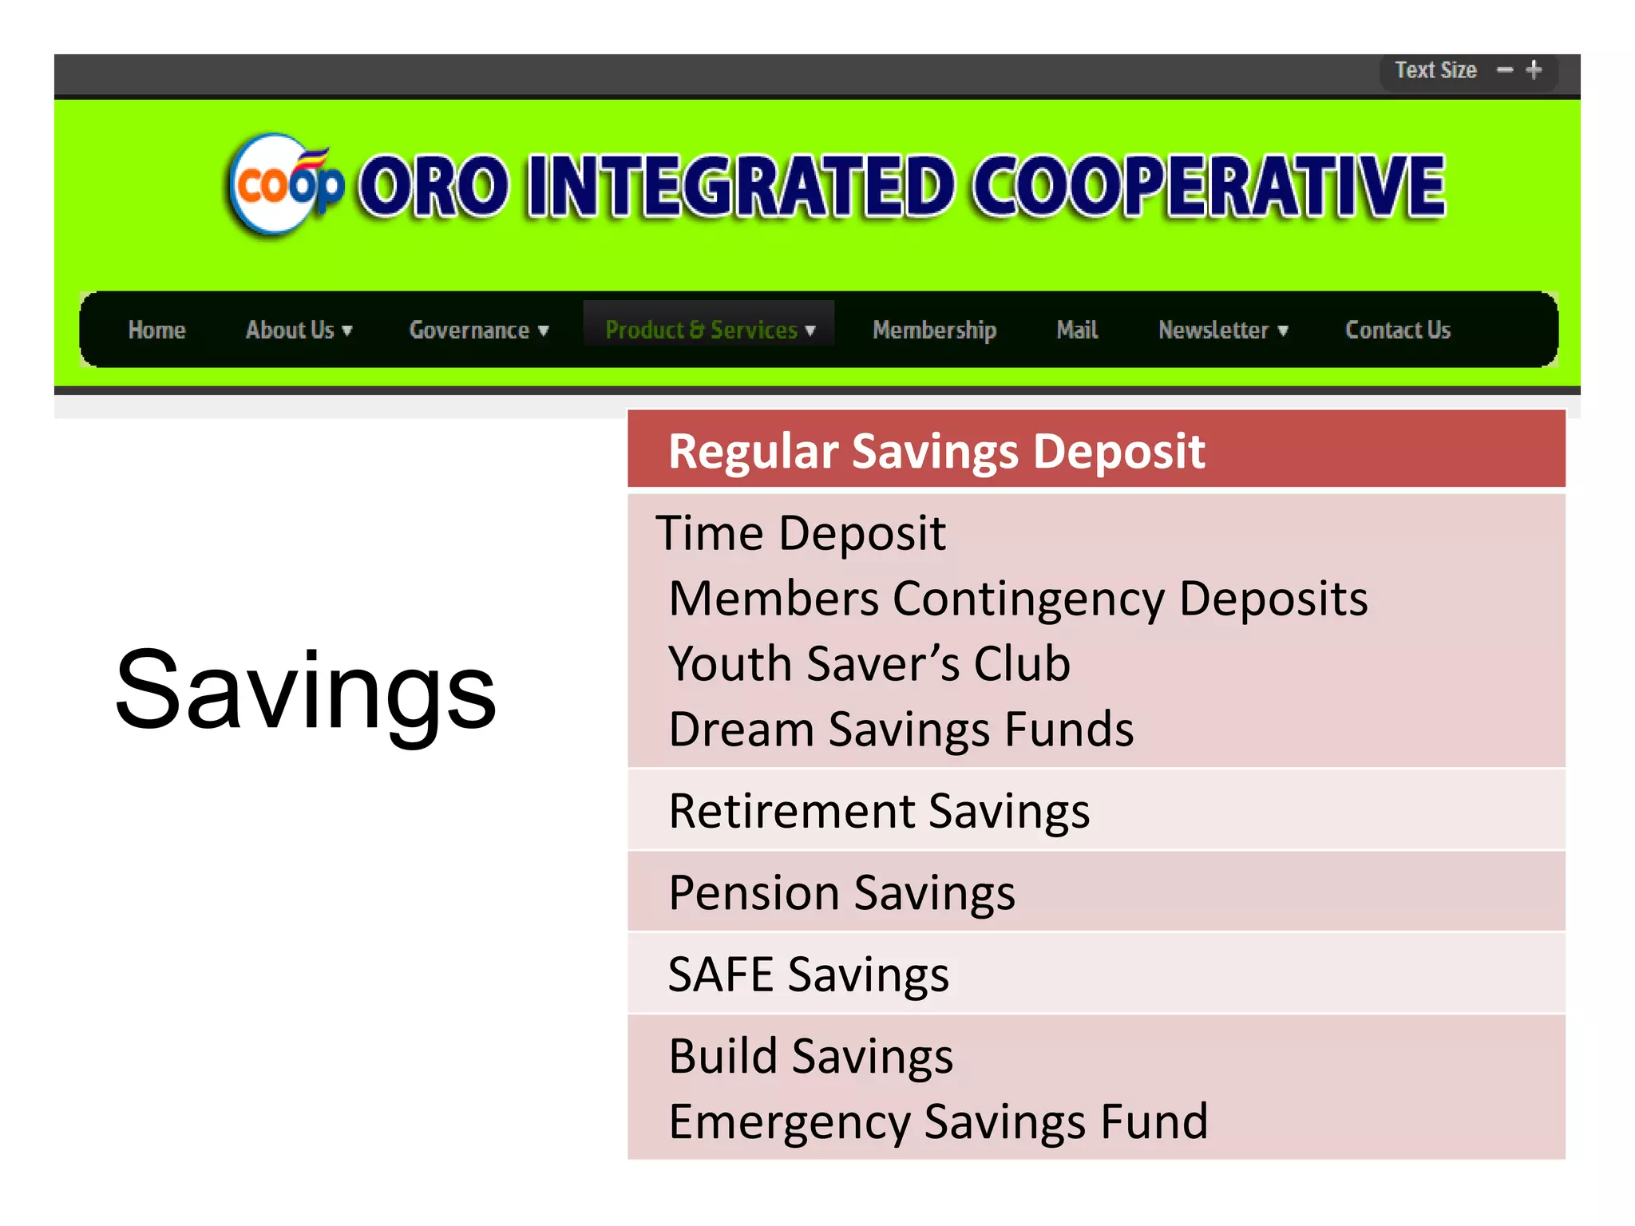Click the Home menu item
156,330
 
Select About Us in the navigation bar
299,330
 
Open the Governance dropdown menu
478,330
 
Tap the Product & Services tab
710,330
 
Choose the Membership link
934,330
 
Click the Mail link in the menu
1077,330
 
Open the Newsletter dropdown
1222,330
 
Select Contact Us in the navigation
1397,330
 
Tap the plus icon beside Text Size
1534,70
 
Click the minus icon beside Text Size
1505,70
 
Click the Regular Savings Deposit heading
936,451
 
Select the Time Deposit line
801,533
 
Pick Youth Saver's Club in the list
869,663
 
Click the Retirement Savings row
879,811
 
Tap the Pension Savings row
841,892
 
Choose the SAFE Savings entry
808,975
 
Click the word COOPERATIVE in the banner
1209,185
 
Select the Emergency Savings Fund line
938,1121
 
